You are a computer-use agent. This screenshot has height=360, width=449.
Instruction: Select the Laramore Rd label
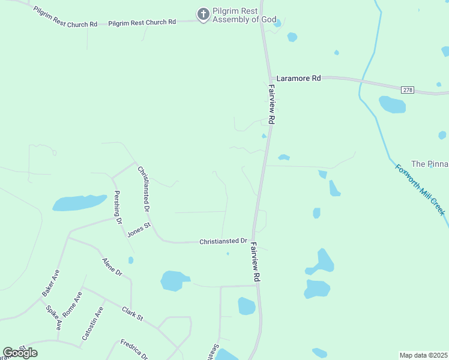298,78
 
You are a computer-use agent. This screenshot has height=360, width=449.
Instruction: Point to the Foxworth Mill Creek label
420,190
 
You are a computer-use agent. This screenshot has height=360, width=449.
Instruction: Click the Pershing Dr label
118,208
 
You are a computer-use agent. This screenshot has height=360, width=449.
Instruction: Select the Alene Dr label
112,267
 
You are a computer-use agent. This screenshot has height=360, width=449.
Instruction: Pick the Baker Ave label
51,283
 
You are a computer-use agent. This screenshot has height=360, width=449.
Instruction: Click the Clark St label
133,313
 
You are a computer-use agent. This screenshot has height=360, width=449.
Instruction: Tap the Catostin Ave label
93,323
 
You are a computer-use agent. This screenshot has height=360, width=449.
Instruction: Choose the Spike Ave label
54,317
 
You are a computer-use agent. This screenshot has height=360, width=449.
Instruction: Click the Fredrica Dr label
134,349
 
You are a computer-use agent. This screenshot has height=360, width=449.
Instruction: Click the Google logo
20,353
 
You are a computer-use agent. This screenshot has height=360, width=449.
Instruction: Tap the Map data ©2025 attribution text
423,355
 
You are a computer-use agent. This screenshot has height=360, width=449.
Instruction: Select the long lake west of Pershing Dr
79,203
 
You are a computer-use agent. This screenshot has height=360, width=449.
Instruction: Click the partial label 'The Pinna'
429,164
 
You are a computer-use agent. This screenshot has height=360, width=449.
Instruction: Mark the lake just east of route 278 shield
392,104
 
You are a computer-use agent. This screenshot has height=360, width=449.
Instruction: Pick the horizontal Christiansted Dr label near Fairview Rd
223,241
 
